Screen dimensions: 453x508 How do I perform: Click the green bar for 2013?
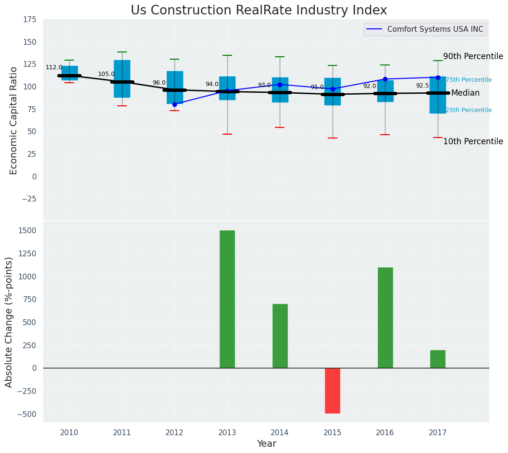pos(227,299)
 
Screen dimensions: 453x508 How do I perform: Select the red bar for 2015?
pos(333,390)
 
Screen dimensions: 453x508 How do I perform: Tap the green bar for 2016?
pos(385,317)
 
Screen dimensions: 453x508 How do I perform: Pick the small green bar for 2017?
pos(438,359)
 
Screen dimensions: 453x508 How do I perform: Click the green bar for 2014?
pos(280,336)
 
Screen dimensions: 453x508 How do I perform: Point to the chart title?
pos(259,11)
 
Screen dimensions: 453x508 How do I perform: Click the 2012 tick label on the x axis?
pos(174,433)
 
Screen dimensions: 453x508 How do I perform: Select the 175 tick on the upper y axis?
pos(30,20)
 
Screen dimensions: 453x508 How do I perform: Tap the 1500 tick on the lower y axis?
pos(28,231)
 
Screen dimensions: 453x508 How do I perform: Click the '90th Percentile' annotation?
pos(473,56)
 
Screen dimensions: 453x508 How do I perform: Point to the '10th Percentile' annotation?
pos(473,141)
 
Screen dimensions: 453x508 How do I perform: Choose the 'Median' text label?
pos(465,93)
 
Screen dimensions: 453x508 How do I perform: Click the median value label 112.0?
pos(54,67)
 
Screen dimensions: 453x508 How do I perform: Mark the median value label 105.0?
pos(106,74)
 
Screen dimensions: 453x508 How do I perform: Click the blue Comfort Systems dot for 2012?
pos(174,104)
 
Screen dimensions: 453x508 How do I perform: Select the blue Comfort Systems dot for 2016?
pos(385,79)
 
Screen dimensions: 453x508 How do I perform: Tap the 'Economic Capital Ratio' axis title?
pos(13,120)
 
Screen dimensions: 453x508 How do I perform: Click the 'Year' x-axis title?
pos(266,444)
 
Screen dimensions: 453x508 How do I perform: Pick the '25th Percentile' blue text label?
pos(469,110)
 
